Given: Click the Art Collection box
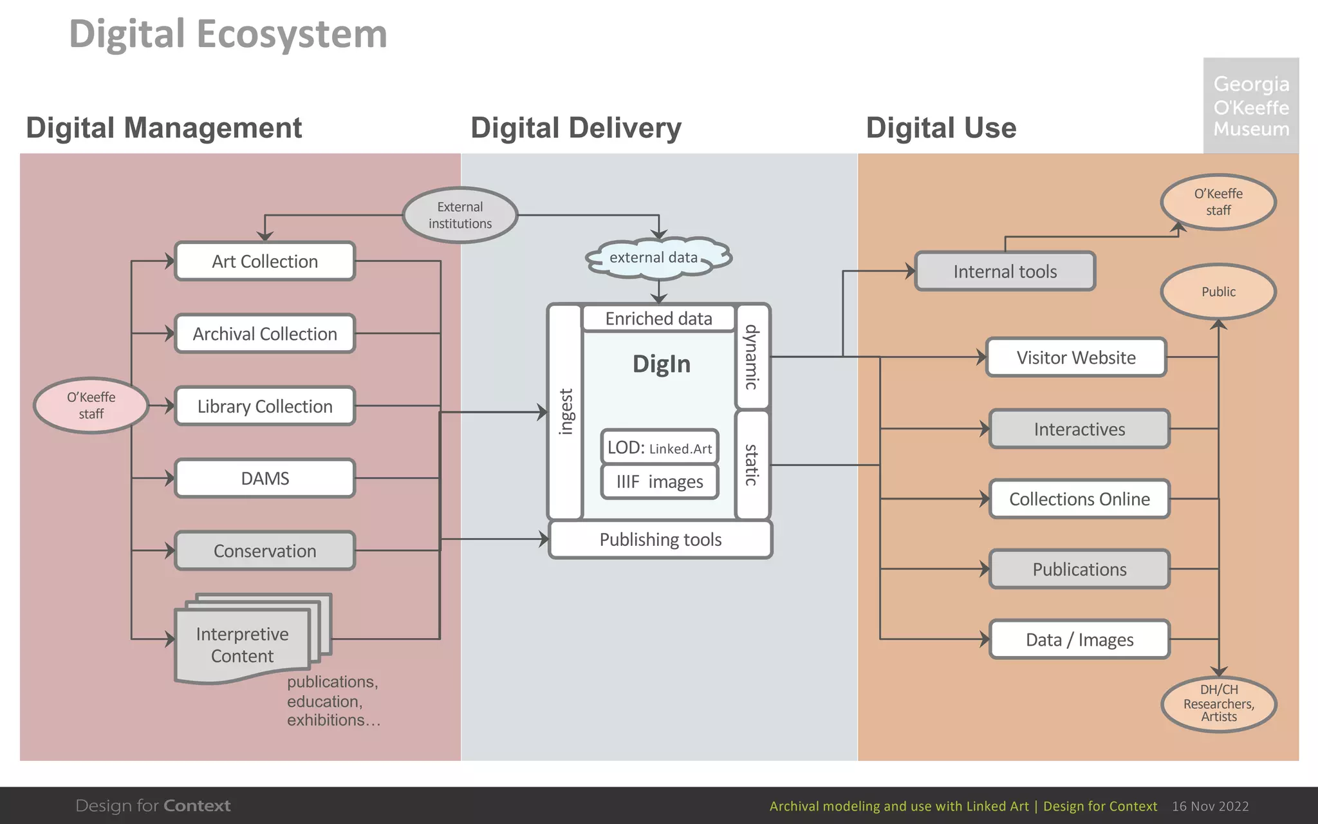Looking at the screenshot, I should [x=265, y=261].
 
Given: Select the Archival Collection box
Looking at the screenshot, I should [x=265, y=333].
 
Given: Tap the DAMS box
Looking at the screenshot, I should [x=265, y=478].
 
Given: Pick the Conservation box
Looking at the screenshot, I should [x=265, y=551].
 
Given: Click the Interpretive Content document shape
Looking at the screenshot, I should [x=243, y=644].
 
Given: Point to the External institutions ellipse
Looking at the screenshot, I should [x=460, y=215].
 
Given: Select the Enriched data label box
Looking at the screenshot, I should [x=658, y=319].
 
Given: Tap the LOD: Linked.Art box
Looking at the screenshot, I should [x=660, y=447].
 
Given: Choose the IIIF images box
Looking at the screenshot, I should [x=660, y=482].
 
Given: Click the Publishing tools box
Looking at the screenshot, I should [x=660, y=539].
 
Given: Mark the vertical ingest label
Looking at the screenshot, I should [x=566, y=412].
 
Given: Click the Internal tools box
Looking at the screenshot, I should [x=1005, y=272].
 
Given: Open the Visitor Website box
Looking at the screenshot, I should [x=1076, y=357].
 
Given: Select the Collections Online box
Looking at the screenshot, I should [x=1079, y=499].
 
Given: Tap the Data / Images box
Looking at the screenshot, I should [x=1079, y=639].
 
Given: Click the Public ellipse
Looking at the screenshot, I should [x=1218, y=292].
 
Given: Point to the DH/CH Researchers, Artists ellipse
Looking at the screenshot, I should [x=1218, y=704].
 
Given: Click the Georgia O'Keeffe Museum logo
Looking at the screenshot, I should [x=1251, y=106].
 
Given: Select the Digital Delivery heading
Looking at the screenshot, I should [x=576, y=127].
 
